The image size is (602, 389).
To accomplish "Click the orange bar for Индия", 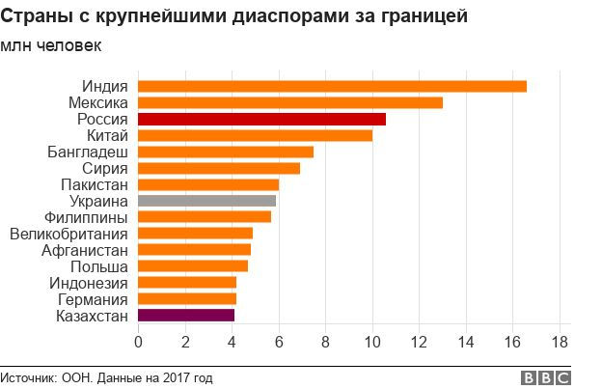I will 332,86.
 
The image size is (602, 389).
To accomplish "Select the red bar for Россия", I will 261,119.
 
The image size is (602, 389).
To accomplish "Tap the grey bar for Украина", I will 206,201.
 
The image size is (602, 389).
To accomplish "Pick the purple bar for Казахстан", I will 186,315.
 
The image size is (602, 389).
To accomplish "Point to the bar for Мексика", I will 290,102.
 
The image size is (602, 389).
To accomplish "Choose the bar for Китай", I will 255,135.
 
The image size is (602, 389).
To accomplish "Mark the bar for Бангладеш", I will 226,152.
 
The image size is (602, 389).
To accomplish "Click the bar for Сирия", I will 219,168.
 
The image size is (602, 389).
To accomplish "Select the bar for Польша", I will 193,265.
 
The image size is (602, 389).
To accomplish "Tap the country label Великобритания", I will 68,234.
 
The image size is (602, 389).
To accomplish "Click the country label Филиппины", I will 85,217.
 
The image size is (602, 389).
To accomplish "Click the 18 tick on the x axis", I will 559,341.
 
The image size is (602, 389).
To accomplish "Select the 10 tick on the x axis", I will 371,341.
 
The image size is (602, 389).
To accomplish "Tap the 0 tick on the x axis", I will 138,341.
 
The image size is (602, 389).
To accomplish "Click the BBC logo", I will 545,377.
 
